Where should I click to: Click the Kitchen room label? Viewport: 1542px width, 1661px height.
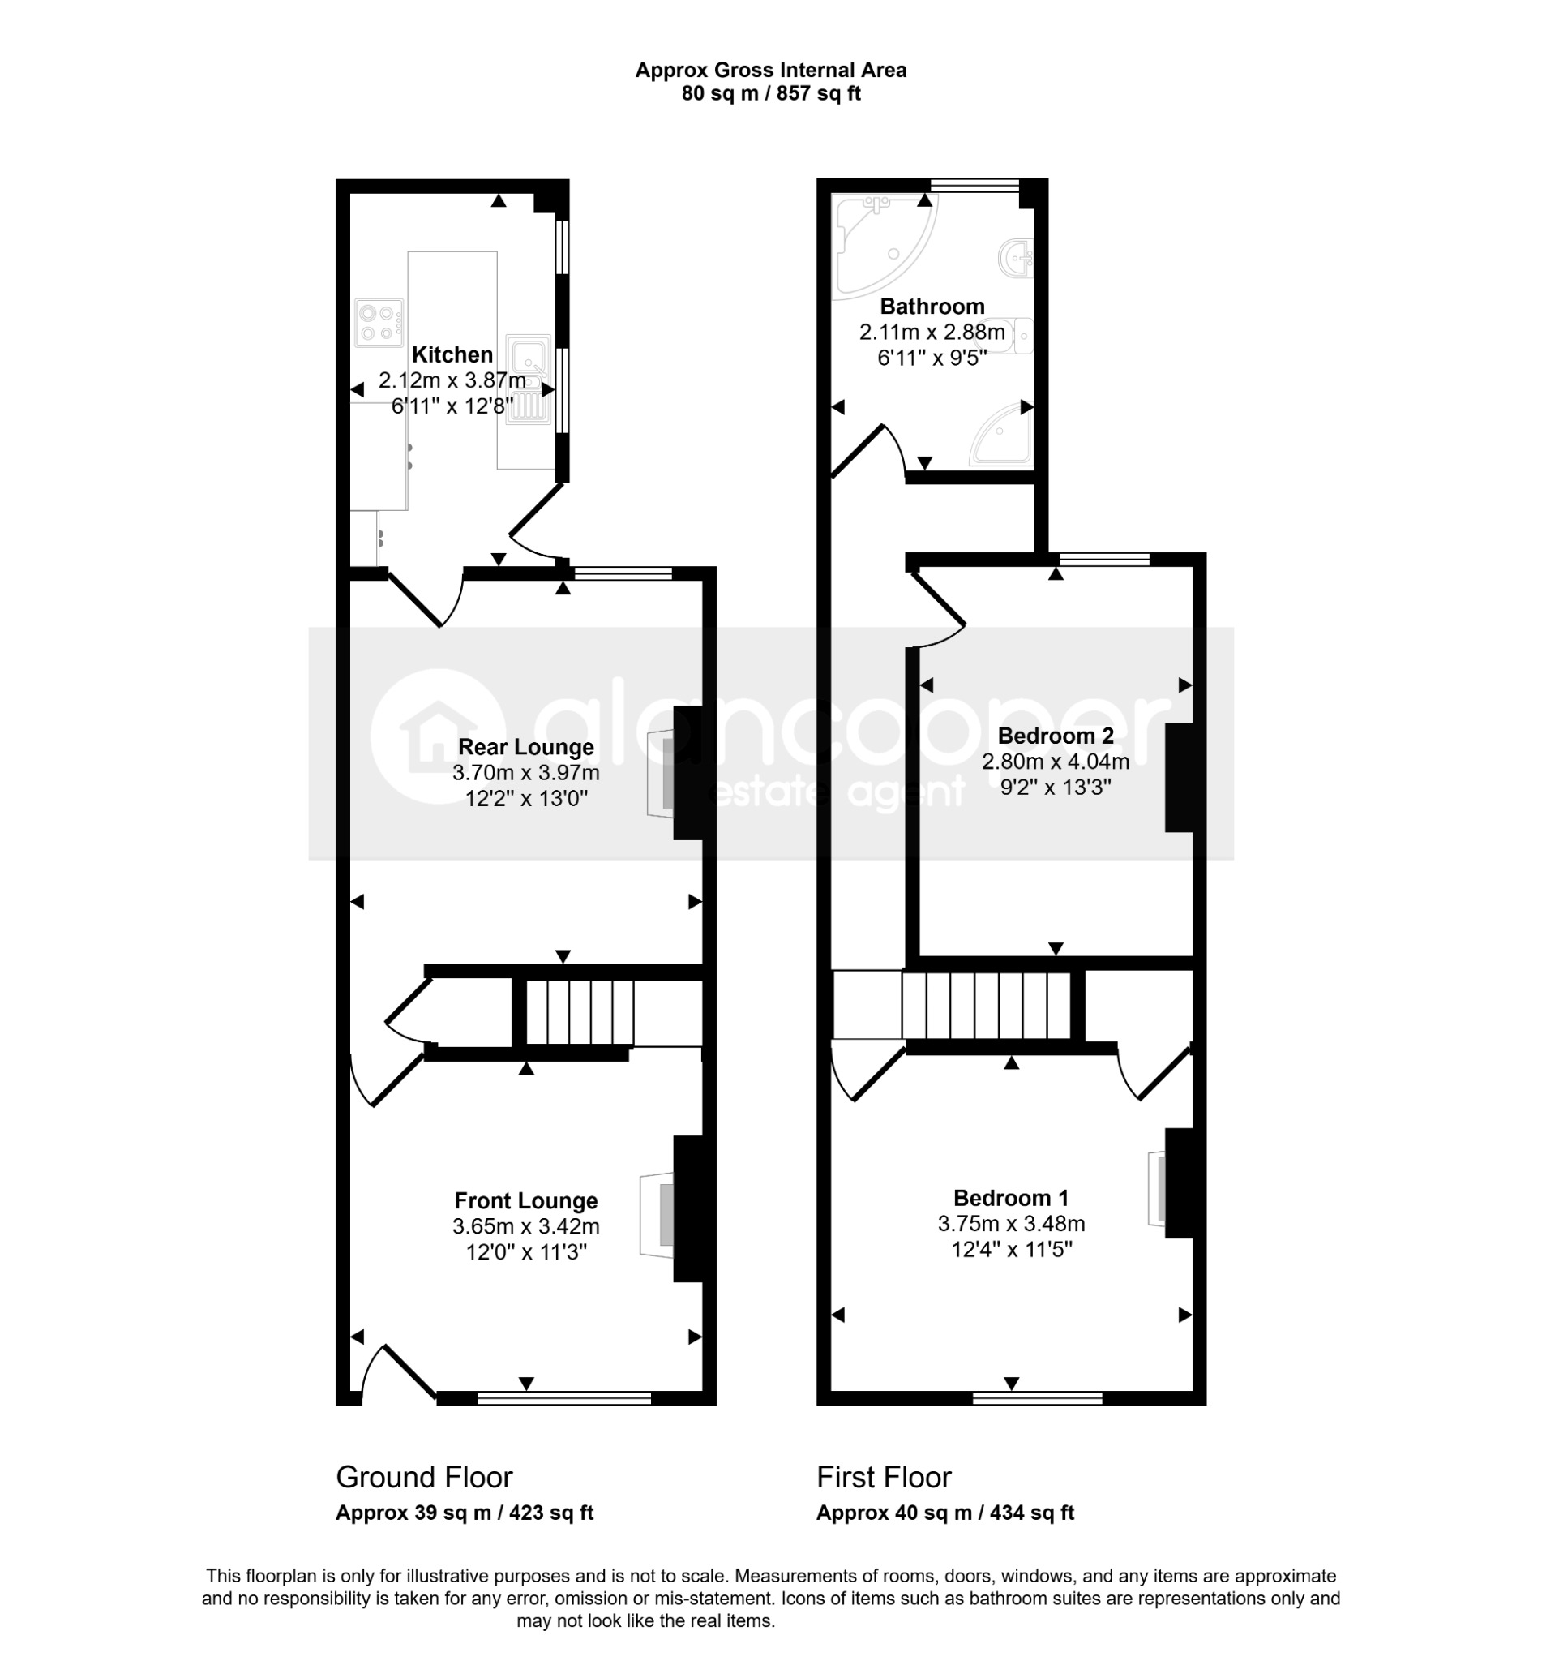point(452,354)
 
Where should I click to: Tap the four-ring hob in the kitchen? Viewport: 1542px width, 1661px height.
point(379,323)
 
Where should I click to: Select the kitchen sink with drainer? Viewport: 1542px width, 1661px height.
point(528,380)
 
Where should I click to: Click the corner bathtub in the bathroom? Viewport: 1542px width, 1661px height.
point(885,242)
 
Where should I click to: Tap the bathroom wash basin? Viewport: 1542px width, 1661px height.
point(1017,256)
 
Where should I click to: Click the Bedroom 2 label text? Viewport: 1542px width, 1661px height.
point(1056,736)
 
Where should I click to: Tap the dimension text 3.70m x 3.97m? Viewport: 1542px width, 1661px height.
point(525,773)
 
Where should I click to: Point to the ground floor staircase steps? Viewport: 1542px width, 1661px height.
point(580,1012)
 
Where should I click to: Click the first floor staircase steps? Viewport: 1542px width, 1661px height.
point(987,1005)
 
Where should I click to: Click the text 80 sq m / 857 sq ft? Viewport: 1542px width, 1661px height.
point(771,93)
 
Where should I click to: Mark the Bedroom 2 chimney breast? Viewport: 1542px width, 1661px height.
point(1178,777)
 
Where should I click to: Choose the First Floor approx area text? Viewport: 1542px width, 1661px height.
point(945,1513)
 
